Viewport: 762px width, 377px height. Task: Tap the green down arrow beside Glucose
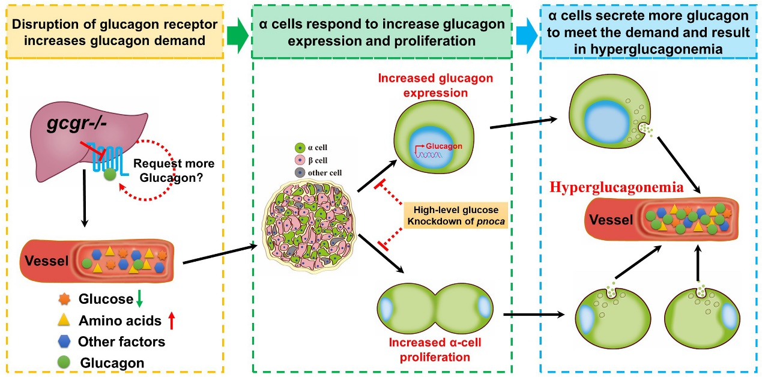138,299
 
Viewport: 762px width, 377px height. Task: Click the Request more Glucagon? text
174,169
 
